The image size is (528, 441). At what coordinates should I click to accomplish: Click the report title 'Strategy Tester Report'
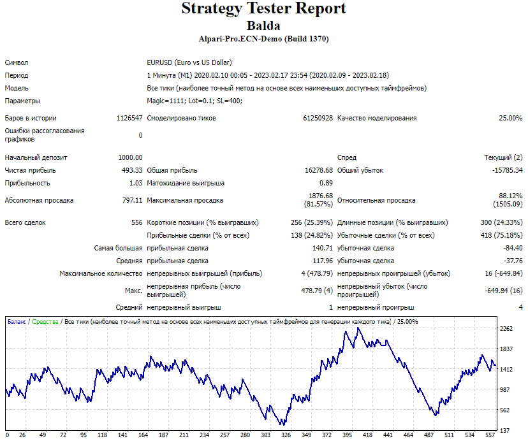tap(263, 8)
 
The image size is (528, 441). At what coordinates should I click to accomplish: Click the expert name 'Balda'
tap(263, 26)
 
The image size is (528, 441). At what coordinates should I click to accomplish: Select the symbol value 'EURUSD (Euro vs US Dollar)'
tap(189, 62)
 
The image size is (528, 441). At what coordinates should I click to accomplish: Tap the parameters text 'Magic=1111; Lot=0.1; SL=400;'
tap(194, 101)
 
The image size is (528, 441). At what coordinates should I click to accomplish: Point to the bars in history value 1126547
tap(129, 118)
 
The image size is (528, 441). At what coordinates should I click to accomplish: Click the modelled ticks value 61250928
tap(318, 118)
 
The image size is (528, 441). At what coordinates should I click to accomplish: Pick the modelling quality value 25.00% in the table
tap(511, 118)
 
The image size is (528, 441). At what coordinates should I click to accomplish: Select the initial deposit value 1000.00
tap(130, 157)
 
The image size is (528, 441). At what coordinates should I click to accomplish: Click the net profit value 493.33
tap(132, 170)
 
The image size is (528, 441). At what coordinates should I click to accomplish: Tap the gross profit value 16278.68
tap(319, 170)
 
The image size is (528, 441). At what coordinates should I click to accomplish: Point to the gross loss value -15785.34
tap(508, 170)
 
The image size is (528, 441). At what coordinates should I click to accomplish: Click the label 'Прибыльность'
tap(27, 183)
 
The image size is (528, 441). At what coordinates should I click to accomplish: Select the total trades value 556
tap(136, 222)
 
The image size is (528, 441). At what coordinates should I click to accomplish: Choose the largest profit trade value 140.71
tap(323, 248)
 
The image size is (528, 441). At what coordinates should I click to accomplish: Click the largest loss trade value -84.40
tap(513, 248)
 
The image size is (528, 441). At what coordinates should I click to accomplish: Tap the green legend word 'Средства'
tap(45, 322)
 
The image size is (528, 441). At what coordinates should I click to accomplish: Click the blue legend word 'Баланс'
tap(17, 322)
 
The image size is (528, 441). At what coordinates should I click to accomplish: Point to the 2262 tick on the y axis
tap(506, 329)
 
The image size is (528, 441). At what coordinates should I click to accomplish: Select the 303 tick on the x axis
tap(265, 435)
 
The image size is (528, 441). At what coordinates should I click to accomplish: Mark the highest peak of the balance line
tap(358, 328)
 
